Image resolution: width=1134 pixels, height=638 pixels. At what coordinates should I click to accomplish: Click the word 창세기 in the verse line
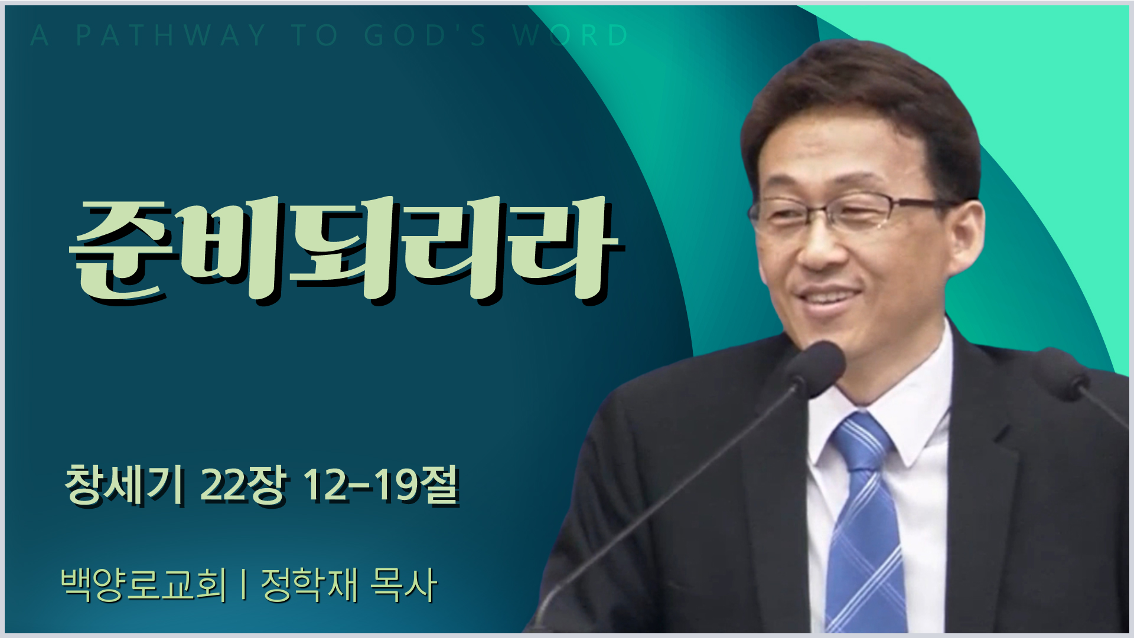coord(123,486)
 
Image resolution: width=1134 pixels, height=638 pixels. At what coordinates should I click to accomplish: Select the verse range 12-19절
coord(380,486)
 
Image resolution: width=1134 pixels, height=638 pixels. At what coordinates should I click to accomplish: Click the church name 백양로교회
coord(144,585)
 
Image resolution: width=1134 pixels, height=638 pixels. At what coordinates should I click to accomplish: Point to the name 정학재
coord(310,585)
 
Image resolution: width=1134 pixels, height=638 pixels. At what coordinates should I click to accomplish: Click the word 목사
coord(403,585)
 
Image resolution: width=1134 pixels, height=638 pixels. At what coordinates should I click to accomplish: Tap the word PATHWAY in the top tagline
coord(171,35)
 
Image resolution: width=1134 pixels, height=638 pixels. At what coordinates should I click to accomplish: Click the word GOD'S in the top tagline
coord(425,35)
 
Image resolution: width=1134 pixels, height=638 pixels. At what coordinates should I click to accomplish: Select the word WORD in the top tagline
coord(571,35)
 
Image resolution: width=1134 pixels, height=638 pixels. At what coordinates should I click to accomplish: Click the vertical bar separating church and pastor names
coord(244,585)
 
